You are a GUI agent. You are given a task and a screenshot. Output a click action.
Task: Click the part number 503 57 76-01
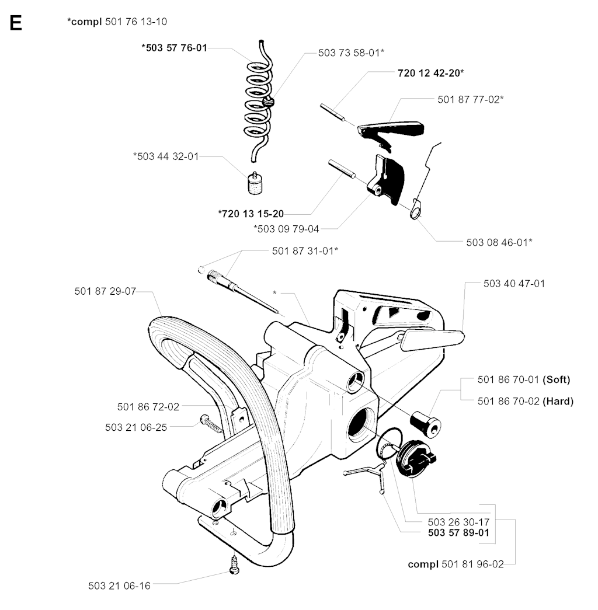coord(174,48)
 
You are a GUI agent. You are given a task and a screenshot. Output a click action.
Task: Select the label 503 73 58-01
coord(351,52)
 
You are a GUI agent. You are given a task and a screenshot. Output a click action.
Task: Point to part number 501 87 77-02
coord(470,99)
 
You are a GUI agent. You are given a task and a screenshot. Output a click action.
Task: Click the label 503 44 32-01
coord(166,156)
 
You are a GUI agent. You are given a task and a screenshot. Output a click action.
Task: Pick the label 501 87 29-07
coord(105,291)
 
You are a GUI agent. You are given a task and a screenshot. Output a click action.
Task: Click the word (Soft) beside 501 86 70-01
coord(556,379)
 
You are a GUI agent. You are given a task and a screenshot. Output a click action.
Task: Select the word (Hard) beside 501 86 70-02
coord(558,401)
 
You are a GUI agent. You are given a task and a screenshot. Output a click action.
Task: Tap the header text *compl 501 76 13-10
coord(121,22)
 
